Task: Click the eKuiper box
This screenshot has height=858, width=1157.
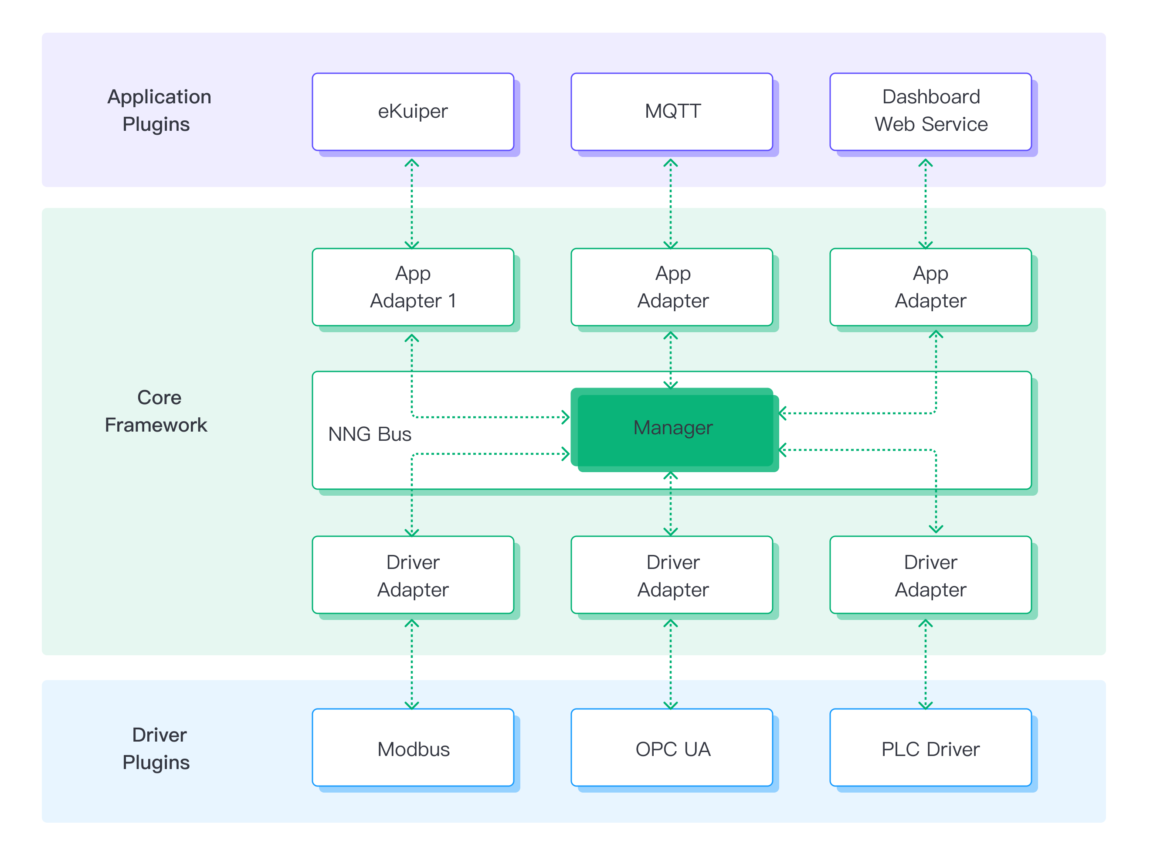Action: pos(413,112)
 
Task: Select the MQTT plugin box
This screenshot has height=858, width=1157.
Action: pos(672,112)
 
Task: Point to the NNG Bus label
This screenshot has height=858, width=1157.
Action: pos(370,434)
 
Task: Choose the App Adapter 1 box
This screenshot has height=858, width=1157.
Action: pos(413,287)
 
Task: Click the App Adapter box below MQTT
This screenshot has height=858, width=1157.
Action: pos(672,287)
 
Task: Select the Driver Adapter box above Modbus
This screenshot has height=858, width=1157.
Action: pos(413,575)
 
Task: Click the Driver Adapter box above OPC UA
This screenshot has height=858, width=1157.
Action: pos(672,575)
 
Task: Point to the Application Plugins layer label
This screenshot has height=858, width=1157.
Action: pos(158,111)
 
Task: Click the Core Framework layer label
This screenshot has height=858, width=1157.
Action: pos(157,411)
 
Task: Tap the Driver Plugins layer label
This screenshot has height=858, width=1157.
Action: pos(158,749)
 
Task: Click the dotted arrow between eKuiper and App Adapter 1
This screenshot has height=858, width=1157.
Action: pos(412,204)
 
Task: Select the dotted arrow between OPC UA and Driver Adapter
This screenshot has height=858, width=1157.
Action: pos(671,664)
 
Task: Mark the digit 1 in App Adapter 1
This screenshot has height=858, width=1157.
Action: pos(452,301)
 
